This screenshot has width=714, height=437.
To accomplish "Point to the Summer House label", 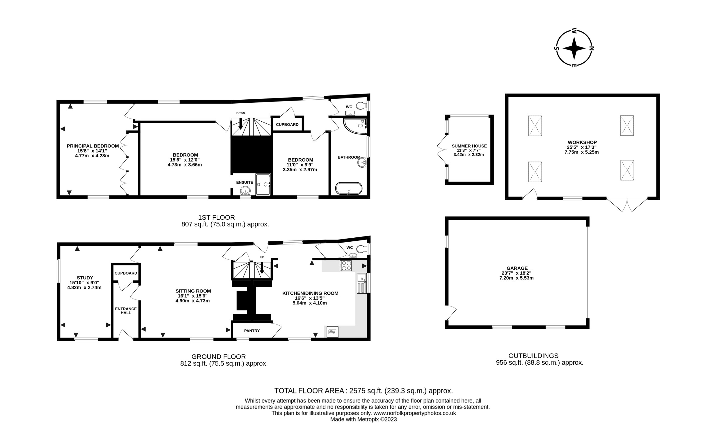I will click(x=469, y=146).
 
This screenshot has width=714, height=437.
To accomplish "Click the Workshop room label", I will click(x=582, y=142).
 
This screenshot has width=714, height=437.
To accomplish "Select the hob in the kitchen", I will click(x=346, y=266).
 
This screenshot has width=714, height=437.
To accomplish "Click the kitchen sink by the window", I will click(x=361, y=283).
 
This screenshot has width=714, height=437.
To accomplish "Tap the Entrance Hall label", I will click(x=126, y=311).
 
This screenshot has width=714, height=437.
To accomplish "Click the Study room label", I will click(x=85, y=278).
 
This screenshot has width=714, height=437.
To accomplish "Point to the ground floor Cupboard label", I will click(x=126, y=273).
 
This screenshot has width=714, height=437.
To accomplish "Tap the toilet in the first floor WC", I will click(x=361, y=106).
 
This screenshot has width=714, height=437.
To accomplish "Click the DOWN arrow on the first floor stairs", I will click(x=241, y=124).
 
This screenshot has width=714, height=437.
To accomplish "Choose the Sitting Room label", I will click(x=193, y=291).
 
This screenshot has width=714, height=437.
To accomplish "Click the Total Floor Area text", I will click(x=363, y=391).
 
